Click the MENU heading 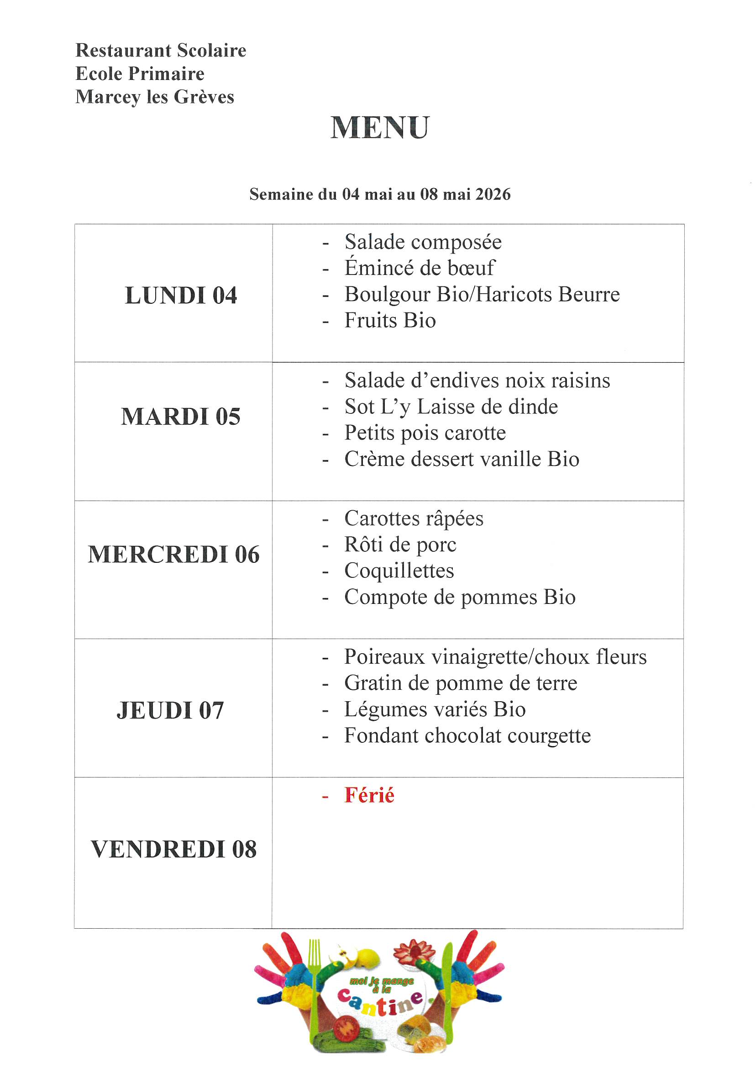(x=380, y=127)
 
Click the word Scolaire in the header (x=211, y=50)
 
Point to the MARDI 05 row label (x=181, y=416)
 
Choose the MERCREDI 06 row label (x=173, y=555)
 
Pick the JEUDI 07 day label (x=170, y=710)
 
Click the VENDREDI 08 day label (x=173, y=849)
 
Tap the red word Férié (x=369, y=795)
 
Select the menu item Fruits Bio (x=390, y=321)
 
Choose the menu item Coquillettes (x=399, y=571)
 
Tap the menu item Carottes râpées (x=414, y=518)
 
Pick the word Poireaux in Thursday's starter (x=384, y=657)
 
